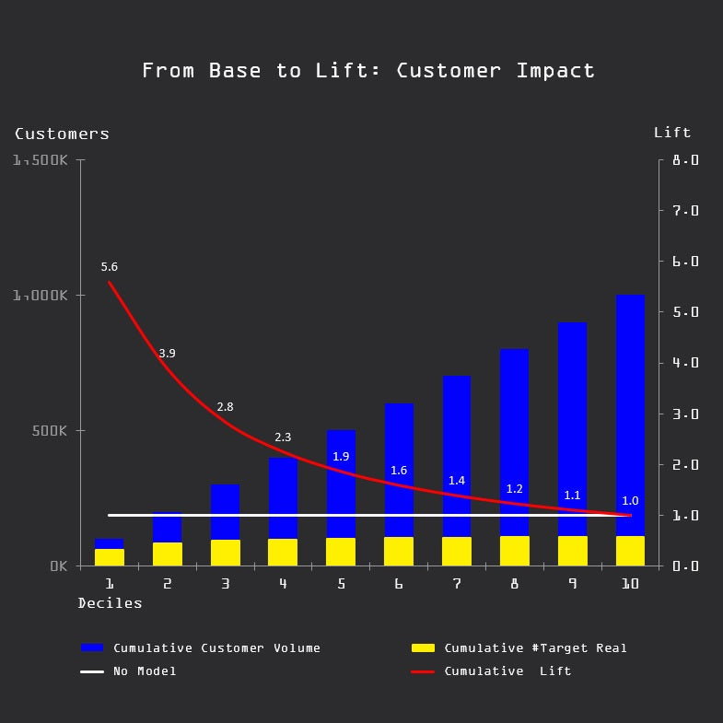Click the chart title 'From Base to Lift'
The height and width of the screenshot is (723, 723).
(368, 71)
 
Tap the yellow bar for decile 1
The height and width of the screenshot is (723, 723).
(109, 557)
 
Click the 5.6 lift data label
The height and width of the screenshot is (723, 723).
(109, 267)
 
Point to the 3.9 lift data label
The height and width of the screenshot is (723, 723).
(167, 353)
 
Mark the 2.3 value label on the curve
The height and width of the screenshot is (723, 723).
(283, 437)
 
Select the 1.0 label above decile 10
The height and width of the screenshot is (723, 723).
(630, 501)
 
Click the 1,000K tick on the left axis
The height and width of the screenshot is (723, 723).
(41, 296)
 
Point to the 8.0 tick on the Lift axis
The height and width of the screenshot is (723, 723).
(685, 160)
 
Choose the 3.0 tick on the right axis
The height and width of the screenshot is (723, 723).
(685, 414)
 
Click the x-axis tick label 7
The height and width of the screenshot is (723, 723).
(457, 584)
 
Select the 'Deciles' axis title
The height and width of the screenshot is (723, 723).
(110, 603)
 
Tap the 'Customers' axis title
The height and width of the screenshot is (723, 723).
(62, 134)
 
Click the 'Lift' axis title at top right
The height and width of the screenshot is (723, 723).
(672, 133)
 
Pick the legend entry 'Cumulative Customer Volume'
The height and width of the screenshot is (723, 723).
(216, 648)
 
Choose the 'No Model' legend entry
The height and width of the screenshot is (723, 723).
(145, 671)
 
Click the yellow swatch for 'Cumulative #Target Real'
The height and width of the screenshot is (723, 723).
(423, 648)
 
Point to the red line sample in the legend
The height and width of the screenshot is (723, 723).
(423, 671)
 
